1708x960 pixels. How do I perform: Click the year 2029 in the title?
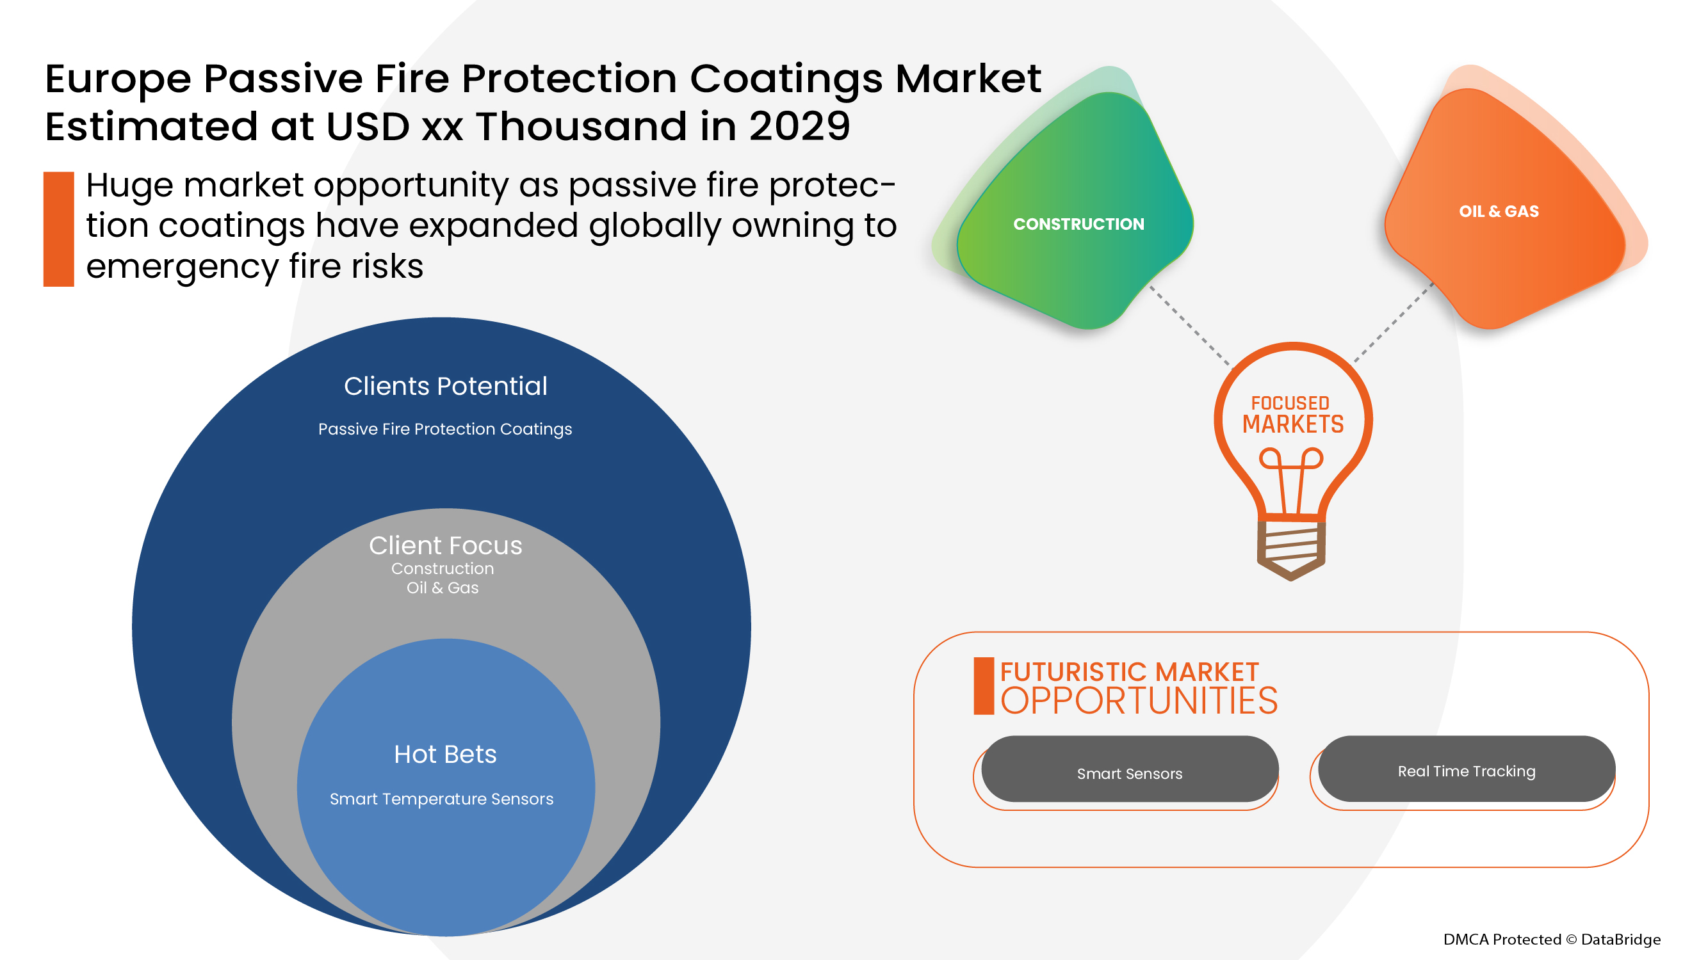click(x=799, y=126)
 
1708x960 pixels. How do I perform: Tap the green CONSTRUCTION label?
click(x=1078, y=224)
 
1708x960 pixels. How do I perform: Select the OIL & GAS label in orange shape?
click(x=1499, y=211)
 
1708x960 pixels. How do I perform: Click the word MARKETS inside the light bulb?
click(x=1292, y=424)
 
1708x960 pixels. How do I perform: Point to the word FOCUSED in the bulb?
click(x=1290, y=403)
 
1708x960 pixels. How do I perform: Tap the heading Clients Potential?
click(x=445, y=387)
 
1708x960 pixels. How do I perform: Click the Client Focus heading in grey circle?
click(x=445, y=545)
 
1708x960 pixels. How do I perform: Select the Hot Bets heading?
click(x=445, y=754)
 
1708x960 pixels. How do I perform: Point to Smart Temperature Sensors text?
click(x=442, y=799)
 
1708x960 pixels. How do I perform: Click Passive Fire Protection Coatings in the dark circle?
click(x=445, y=429)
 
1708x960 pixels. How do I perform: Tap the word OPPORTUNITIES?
click(x=1139, y=701)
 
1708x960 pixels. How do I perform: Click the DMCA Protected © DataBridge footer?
click(x=1552, y=940)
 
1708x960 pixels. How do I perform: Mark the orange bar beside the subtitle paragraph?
click(x=58, y=229)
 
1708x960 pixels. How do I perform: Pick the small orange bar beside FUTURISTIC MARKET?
click(x=983, y=685)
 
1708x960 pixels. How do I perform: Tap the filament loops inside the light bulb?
click(x=1291, y=459)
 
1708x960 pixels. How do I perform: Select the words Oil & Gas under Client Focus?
click(x=443, y=588)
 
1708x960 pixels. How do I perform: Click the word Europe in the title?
click(x=118, y=79)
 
